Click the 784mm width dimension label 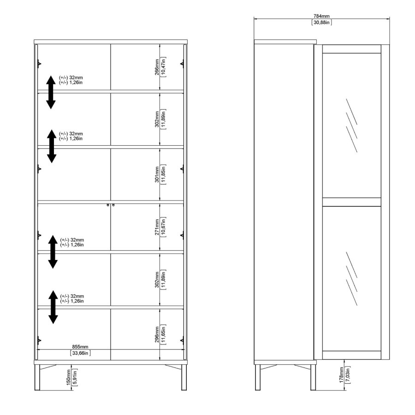pos(322,16)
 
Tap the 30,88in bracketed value pos(322,22)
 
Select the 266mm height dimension pos(157,67)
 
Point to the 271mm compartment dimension pos(157,227)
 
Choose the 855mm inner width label pos(80,347)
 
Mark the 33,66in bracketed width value pos(80,353)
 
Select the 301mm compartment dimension pos(157,174)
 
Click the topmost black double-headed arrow pos(51,92)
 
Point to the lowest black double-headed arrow pos(53,308)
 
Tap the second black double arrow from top pos(52,147)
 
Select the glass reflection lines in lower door pos(351,276)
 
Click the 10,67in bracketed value pos(164,227)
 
